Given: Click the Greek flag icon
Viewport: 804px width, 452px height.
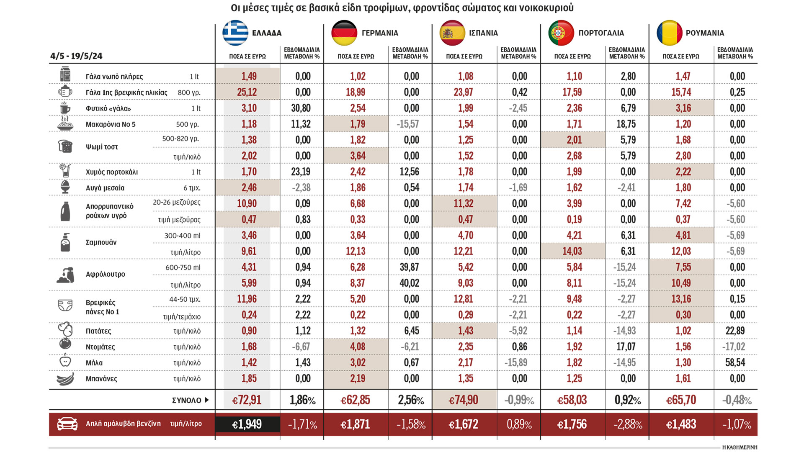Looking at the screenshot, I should point(235,33).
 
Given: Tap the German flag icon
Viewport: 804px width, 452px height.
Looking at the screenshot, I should point(344,33).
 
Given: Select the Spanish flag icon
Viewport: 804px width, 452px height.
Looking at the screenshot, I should point(452,33).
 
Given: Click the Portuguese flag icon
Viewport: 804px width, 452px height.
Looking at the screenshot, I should point(561,33).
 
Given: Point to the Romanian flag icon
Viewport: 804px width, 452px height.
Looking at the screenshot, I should point(669,33).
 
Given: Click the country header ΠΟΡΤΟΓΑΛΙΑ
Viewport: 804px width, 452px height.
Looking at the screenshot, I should point(601,33).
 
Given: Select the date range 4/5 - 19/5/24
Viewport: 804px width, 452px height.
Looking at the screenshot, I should point(76,56).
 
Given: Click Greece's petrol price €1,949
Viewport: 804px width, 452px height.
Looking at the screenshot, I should point(247,424).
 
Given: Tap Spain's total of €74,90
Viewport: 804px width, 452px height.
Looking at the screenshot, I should point(464,400).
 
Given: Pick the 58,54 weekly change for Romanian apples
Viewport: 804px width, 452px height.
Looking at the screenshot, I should point(735,362).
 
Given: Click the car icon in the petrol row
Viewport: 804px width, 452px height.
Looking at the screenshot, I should point(67,424).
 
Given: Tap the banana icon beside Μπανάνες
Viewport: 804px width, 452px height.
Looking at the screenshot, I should point(65,379).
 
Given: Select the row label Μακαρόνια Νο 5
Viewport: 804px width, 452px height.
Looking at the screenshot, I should point(111,124).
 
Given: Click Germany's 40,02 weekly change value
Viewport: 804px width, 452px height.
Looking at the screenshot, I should point(409,283).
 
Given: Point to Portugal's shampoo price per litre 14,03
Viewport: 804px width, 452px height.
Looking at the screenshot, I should point(572,251).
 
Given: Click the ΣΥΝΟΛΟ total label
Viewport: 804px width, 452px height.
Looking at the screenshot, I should point(187,401).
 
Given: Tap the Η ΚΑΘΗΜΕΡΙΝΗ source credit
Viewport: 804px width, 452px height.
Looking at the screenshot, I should point(740,447).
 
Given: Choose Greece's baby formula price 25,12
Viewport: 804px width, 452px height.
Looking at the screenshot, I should point(247,92).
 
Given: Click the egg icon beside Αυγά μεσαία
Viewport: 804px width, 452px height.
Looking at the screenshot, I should point(65,187).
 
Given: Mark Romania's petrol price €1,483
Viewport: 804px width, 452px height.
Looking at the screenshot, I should point(681,424).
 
